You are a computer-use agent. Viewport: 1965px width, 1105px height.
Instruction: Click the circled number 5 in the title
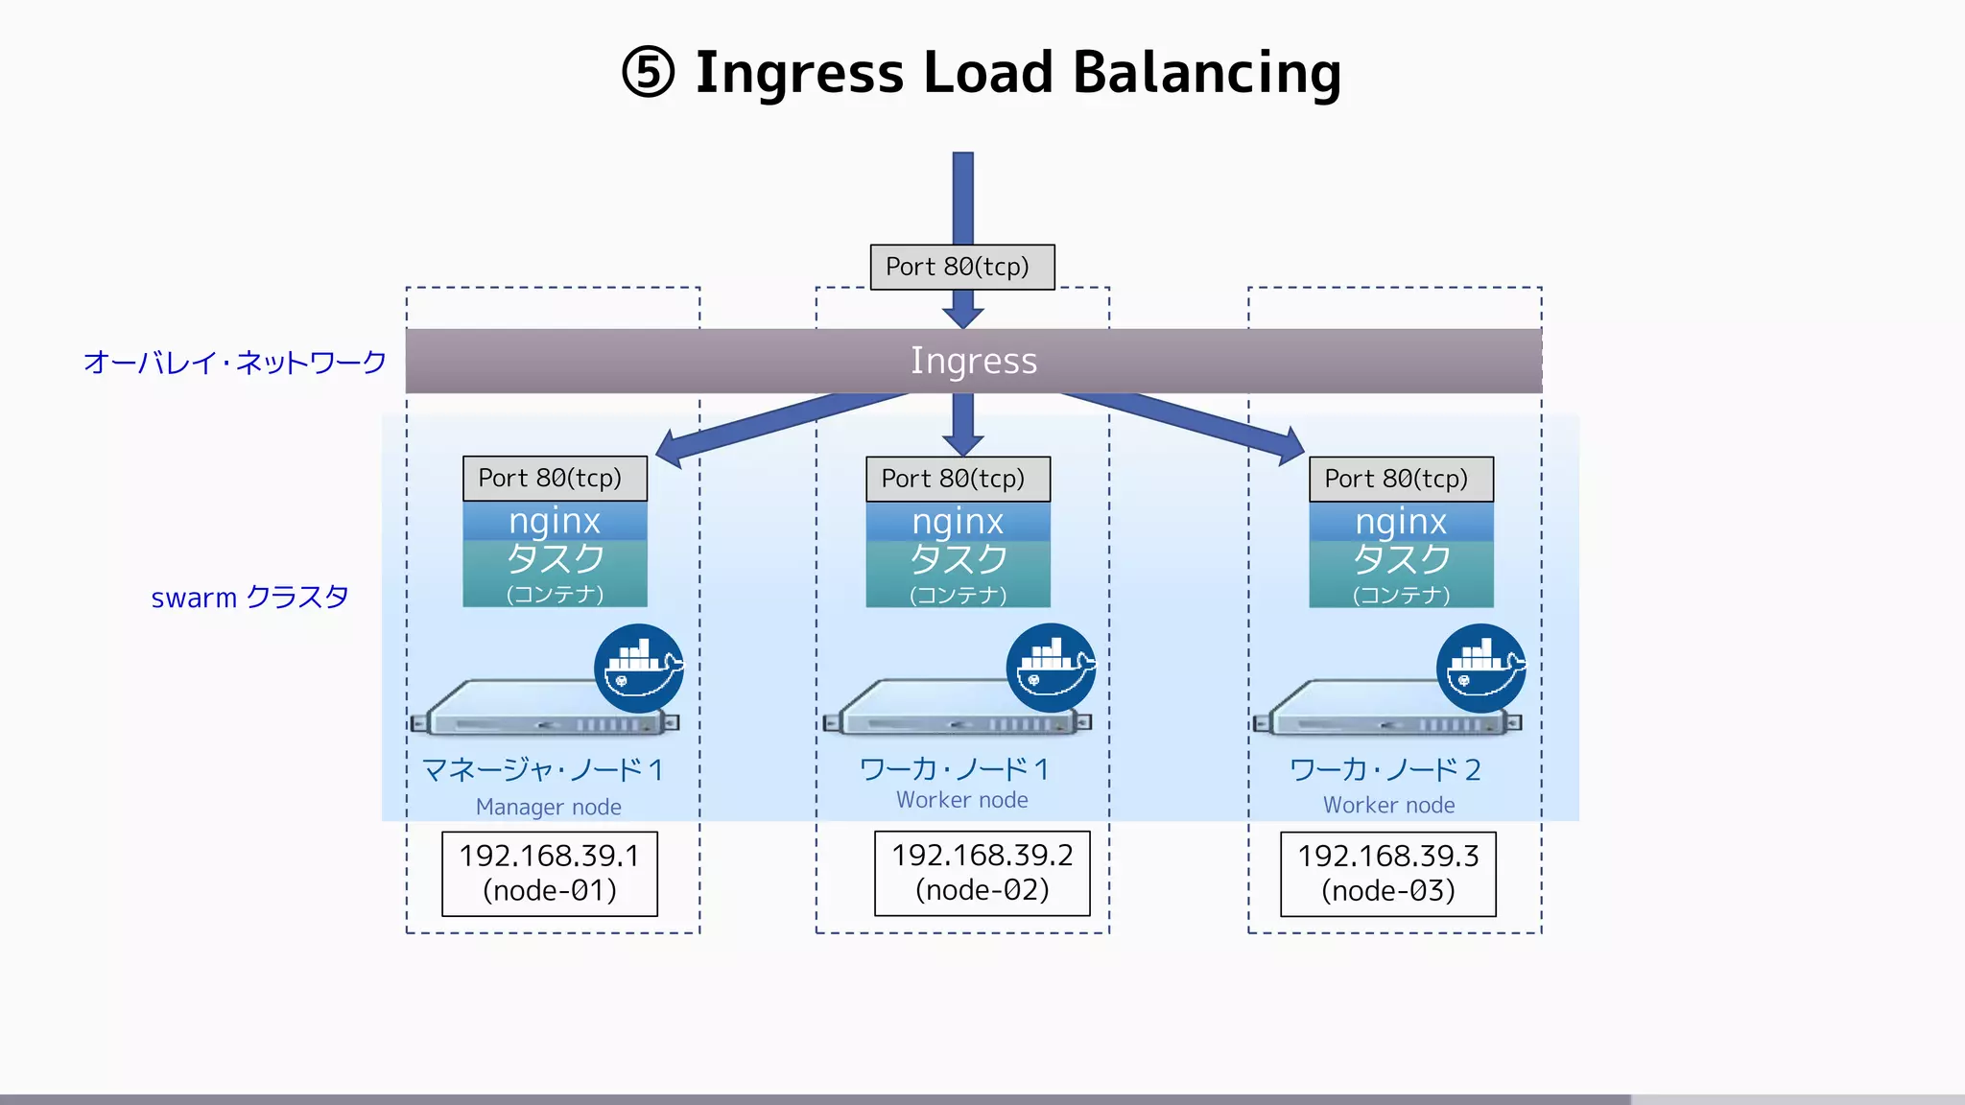(649, 73)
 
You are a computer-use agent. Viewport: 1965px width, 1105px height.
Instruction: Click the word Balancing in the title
(1206, 73)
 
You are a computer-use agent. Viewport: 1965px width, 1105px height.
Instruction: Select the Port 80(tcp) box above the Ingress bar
(961, 267)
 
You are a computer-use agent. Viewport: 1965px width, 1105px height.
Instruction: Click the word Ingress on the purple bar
(973, 361)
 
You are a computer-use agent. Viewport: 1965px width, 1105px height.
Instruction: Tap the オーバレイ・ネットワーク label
(234, 362)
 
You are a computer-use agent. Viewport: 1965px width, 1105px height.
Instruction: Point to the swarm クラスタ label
(249, 597)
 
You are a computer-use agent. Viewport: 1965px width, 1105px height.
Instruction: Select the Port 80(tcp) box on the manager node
(555, 478)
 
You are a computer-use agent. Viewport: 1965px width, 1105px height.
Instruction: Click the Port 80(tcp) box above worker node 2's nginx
(1401, 479)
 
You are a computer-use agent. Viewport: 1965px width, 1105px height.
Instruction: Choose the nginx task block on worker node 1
(958, 555)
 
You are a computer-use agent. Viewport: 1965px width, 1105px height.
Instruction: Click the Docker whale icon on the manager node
(638, 669)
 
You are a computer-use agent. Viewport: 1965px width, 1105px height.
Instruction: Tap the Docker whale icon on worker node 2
(1480, 669)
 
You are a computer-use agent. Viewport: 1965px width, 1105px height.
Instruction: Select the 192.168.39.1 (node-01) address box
(549, 873)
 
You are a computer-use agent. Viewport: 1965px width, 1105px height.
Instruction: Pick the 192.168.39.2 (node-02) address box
(982, 873)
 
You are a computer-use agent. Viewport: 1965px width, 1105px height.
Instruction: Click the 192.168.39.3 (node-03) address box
(1387, 874)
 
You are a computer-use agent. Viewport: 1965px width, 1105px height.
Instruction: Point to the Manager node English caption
(548, 807)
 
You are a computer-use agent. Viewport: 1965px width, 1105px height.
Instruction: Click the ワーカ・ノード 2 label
(1385, 769)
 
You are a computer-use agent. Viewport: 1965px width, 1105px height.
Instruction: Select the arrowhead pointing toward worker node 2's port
(1289, 445)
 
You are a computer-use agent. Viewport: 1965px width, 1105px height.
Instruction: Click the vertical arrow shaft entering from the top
(963, 197)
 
